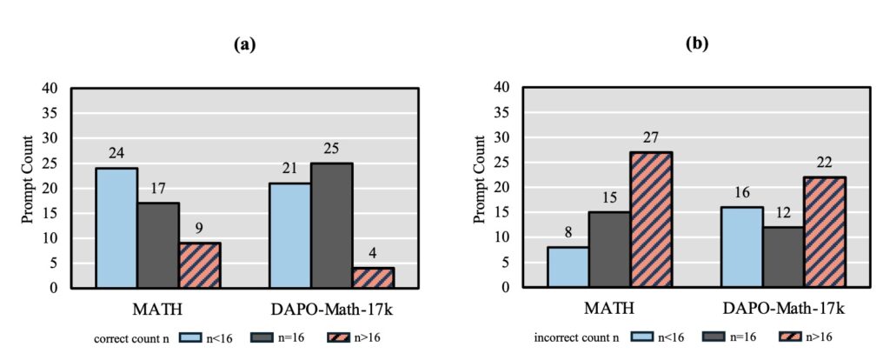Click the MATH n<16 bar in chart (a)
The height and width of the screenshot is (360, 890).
(x=116, y=228)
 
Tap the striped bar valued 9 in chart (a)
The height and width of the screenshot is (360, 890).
(x=200, y=265)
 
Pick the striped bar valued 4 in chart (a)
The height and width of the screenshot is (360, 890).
(x=372, y=277)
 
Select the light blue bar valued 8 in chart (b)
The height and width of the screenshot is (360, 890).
(x=568, y=267)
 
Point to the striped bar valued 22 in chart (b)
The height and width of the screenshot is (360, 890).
(x=825, y=232)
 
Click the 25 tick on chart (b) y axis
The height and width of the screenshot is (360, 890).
(x=501, y=163)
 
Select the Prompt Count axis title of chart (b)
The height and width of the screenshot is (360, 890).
(x=479, y=188)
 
